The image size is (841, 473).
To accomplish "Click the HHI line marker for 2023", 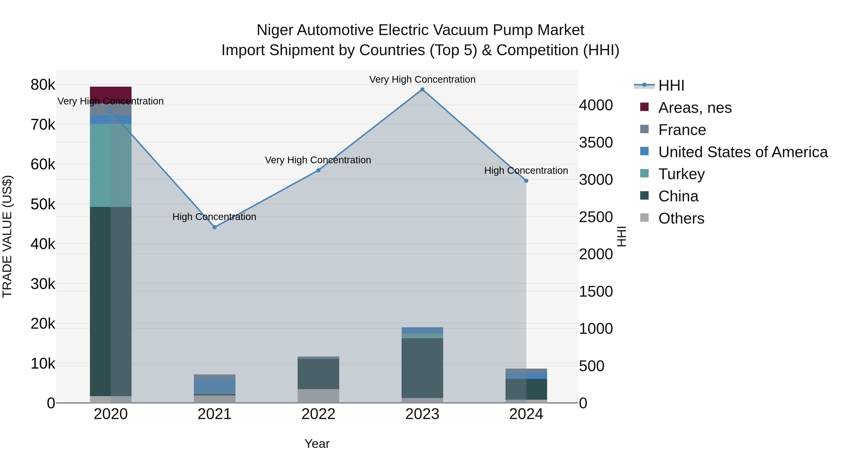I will [x=422, y=89].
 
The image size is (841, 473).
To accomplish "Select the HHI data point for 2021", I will [x=214, y=227].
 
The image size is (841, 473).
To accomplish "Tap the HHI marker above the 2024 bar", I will [x=526, y=181].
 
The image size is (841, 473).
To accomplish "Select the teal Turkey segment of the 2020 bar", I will [x=111, y=165].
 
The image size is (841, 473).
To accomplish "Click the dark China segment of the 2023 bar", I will [x=422, y=368].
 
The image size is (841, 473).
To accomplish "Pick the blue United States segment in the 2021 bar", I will [x=214, y=386].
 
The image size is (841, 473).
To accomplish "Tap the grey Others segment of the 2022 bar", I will [x=318, y=396].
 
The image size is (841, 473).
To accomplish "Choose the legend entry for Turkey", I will [x=681, y=174].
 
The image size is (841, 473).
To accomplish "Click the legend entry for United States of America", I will [x=743, y=152].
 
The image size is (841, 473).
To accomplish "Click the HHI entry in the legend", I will [x=671, y=85].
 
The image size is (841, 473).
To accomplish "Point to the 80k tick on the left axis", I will [x=43, y=85].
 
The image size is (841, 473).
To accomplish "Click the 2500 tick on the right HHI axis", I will [x=596, y=217].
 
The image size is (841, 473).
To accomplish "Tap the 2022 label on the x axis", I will [x=318, y=414].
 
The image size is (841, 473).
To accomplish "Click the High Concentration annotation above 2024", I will [x=526, y=171].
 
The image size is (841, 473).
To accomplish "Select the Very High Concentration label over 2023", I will [x=422, y=79].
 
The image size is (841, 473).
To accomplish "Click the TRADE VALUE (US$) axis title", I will [x=7, y=236].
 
